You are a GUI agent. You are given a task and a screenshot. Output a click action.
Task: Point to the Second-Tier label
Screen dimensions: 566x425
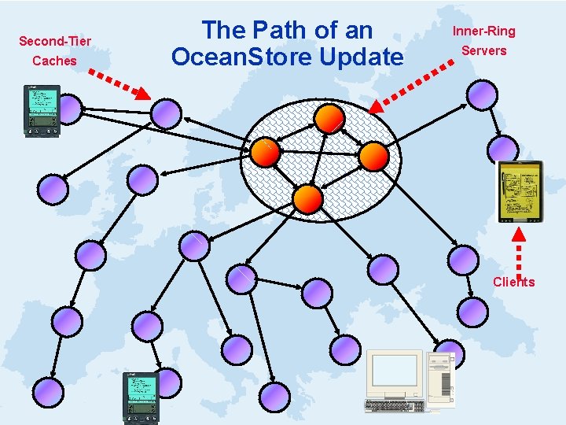(55, 40)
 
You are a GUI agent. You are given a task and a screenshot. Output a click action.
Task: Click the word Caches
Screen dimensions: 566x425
(55, 61)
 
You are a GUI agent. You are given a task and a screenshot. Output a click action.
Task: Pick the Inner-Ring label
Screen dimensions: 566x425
(484, 31)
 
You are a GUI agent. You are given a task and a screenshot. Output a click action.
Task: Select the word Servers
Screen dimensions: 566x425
(484, 50)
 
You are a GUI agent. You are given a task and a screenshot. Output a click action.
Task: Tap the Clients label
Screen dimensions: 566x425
(513, 282)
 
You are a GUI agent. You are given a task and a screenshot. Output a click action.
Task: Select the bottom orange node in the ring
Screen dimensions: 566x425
(309, 199)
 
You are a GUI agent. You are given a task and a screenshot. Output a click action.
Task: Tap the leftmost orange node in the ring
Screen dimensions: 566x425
(265, 153)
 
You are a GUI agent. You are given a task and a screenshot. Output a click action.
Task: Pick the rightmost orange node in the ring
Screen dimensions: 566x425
(373, 156)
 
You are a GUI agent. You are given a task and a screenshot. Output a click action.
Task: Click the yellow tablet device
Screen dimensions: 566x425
(521, 190)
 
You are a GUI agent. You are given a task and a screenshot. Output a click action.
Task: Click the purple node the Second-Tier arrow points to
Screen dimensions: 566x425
(166, 113)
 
